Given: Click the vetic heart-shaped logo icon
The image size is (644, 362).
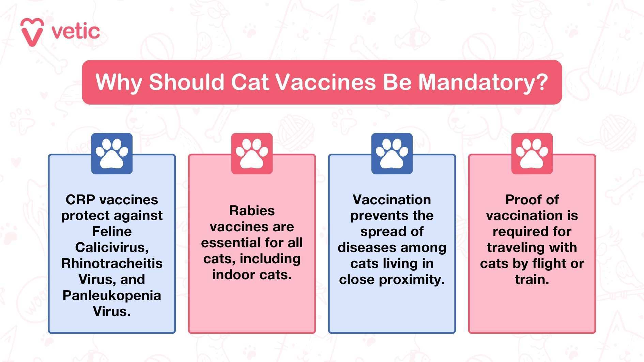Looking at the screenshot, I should click(32, 32).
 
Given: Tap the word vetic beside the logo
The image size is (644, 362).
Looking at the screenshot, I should click(76, 32).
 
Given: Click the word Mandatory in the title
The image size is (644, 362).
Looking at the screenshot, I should click(482, 82).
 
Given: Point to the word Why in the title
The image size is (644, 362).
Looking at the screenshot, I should click(118, 82).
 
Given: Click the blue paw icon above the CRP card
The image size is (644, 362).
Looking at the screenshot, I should click(112, 154).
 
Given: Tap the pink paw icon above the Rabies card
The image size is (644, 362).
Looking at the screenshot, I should click(252, 154).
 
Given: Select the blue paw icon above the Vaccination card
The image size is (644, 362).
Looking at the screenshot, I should click(392, 154).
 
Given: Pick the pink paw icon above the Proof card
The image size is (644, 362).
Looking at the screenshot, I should click(532, 154).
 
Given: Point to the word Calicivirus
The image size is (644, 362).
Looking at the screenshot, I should click(111, 248).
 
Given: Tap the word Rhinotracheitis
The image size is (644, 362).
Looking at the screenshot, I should click(112, 264).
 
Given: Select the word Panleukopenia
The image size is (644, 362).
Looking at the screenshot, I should click(112, 296).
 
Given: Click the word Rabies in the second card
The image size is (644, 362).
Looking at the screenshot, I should click(252, 211).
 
